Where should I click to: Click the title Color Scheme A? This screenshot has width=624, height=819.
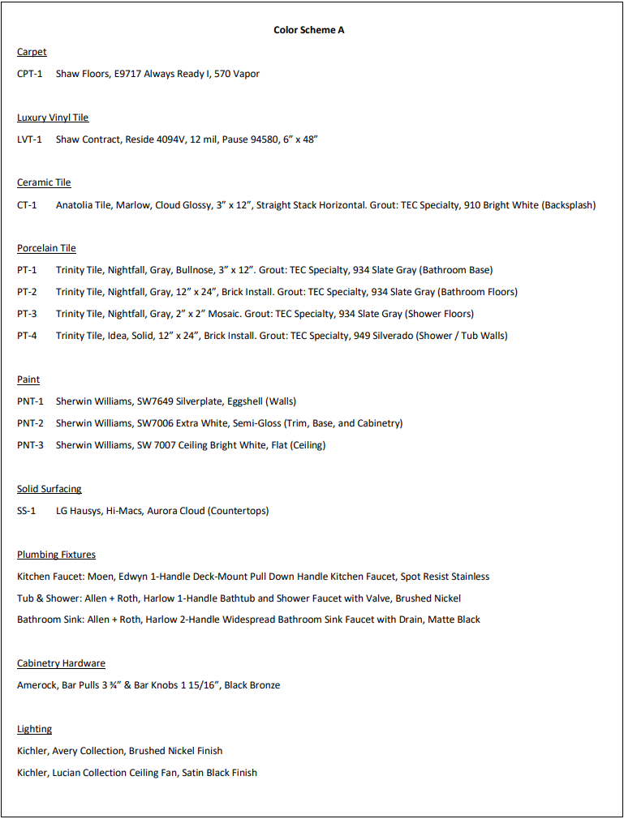coord(309,30)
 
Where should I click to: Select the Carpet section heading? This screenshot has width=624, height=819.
coord(32,52)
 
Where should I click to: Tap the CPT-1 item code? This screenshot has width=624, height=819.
coord(30,74)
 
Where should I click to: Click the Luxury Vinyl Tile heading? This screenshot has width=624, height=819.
coord(53,118)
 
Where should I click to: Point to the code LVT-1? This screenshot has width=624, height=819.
coord(30,139)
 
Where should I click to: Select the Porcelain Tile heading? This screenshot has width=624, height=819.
coord(46,248)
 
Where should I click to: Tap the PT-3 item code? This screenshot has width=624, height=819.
coord(27,314)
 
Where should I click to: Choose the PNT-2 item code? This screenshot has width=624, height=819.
coord(31,423)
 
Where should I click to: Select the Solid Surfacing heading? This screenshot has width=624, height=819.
coord(49,489)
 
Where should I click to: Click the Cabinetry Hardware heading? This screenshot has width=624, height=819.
coord(61,663)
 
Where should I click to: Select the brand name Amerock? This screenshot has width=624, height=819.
coord(37,685)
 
